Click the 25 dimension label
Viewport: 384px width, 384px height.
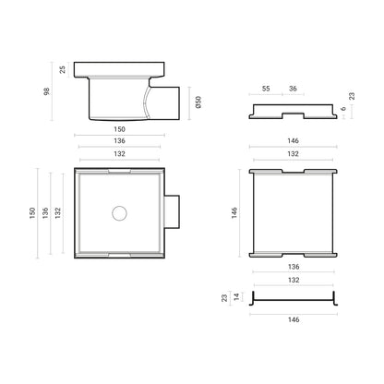63,69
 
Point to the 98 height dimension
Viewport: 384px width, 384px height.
47,91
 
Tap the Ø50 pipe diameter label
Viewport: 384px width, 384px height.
198,102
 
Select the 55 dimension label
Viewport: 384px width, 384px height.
266,89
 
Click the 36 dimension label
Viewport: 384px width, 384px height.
293,89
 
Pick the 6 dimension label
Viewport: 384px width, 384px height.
343,109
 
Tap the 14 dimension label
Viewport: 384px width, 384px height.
236,297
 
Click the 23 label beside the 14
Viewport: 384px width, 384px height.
224,298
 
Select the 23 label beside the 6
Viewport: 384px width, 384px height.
352,96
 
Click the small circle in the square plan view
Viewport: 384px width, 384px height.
119,213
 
